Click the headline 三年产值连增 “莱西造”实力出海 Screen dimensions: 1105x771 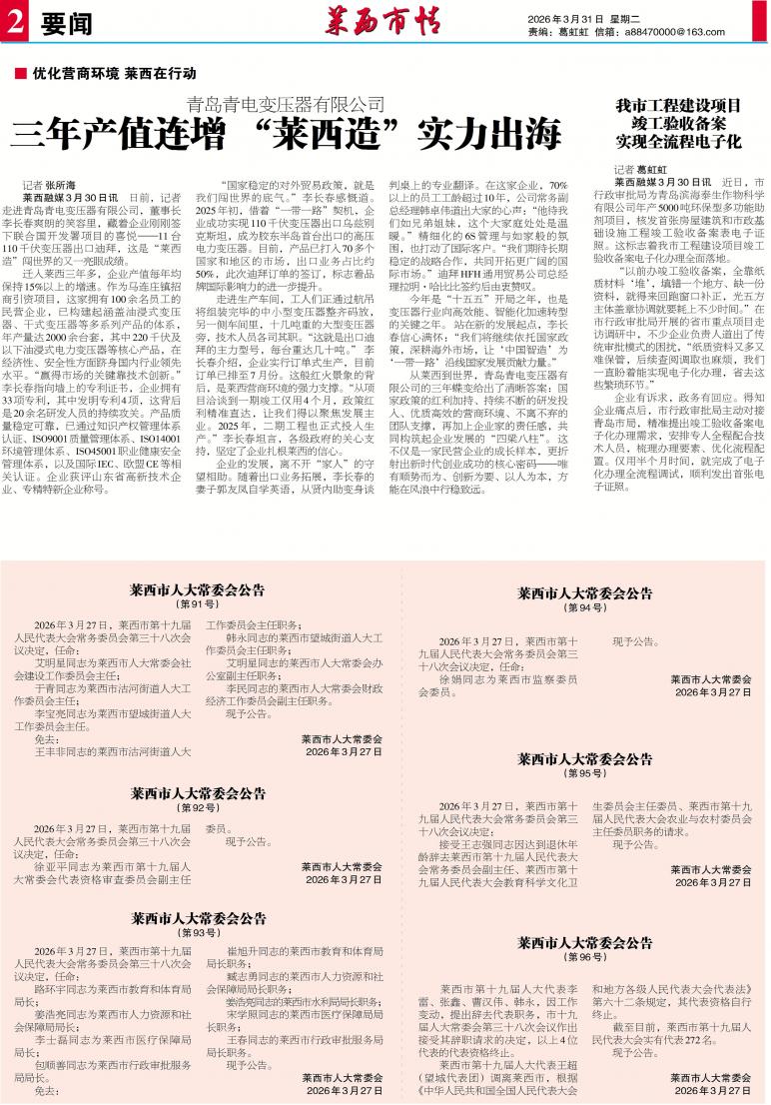point(286,133)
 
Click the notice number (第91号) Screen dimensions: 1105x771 point(197,604)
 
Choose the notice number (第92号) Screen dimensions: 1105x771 point(197,807)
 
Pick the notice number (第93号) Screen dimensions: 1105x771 point(197,932)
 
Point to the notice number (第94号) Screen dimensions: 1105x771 point(584,607)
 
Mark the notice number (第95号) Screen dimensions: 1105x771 point(584,773)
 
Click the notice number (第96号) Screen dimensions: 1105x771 point(584,957)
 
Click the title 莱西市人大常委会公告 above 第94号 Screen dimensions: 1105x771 point(584,592)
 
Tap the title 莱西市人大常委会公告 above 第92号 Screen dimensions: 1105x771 point(197,792)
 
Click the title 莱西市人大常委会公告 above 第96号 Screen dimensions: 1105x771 point(584,942)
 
